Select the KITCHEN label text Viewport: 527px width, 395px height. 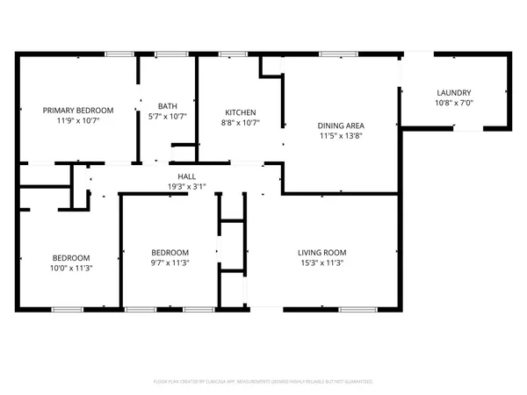[240, 112]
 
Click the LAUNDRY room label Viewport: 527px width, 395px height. [454, 93]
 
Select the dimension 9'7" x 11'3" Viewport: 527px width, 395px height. [170, 262]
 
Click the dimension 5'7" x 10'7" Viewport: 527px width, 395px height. [167, 116]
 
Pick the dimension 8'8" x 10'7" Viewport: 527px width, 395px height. [240, 123]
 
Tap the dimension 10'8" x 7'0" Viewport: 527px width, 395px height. [454, 104]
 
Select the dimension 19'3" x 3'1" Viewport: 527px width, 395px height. [186, 186]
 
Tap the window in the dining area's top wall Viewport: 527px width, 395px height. [332, 54]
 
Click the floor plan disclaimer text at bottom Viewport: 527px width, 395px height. [263, 382]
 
